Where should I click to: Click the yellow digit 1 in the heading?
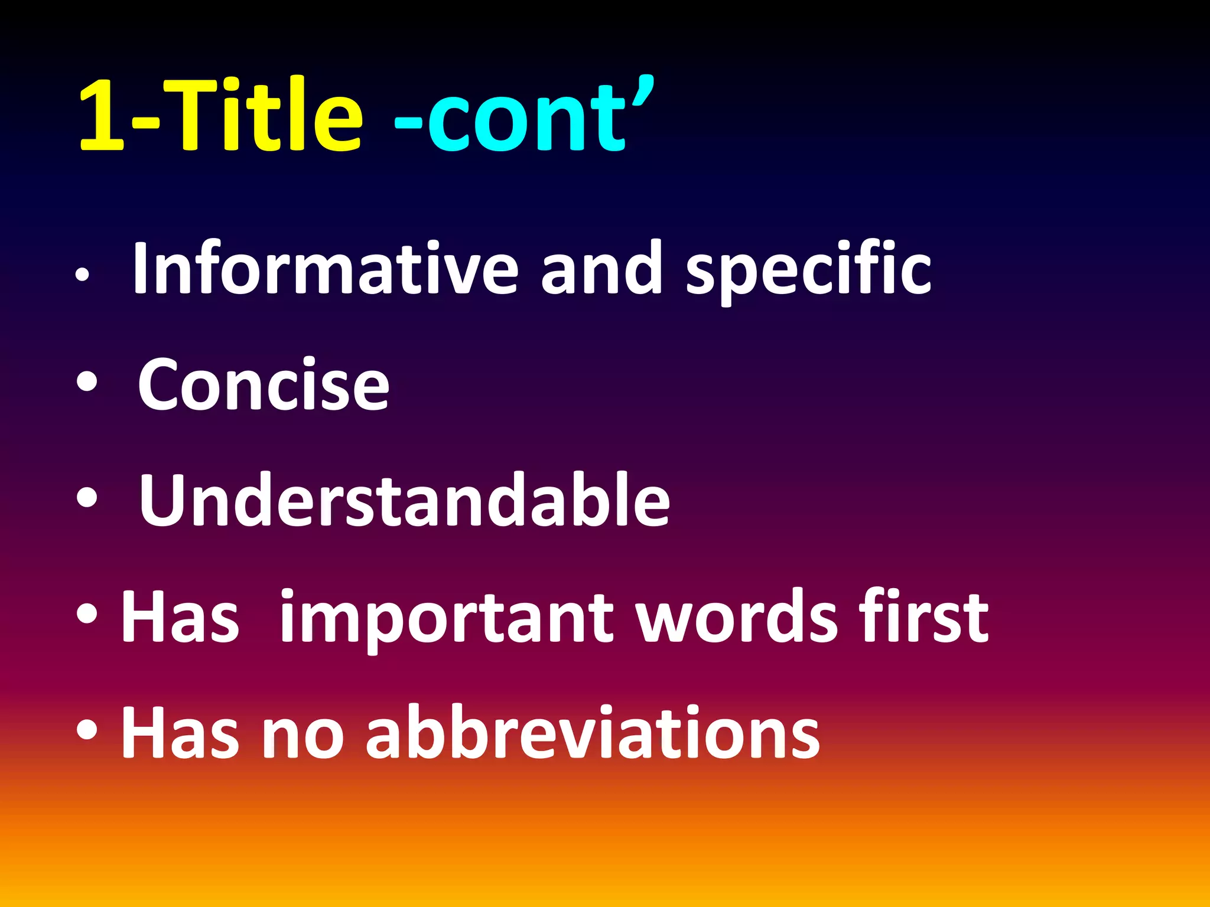(x=102, y=115)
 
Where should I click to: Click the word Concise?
(x=264, y=385)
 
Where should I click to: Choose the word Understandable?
(x=404, y=501)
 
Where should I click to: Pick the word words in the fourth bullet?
(x=736, y=617)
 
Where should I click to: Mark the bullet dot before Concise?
(x=87, y=382)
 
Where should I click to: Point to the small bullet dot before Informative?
(x=82, y=275)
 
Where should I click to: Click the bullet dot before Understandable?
(x=87, y=498)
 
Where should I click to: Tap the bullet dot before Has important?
(x=87, y=614)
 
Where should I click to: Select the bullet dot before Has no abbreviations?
(x=87, y=730)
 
